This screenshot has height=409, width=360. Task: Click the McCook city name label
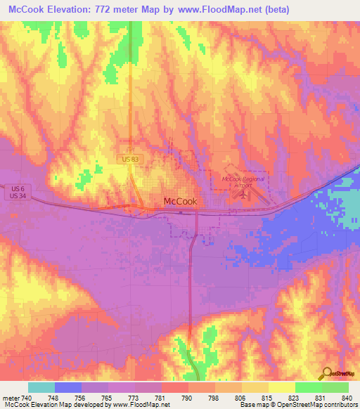[x=180, y=201]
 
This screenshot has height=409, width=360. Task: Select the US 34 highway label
[x=19, y=196]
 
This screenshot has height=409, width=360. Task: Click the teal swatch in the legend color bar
[x=41, y=387]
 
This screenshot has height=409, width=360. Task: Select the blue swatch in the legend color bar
[x=68, y=387]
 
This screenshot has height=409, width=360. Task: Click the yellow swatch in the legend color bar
[x=281, y=387]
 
